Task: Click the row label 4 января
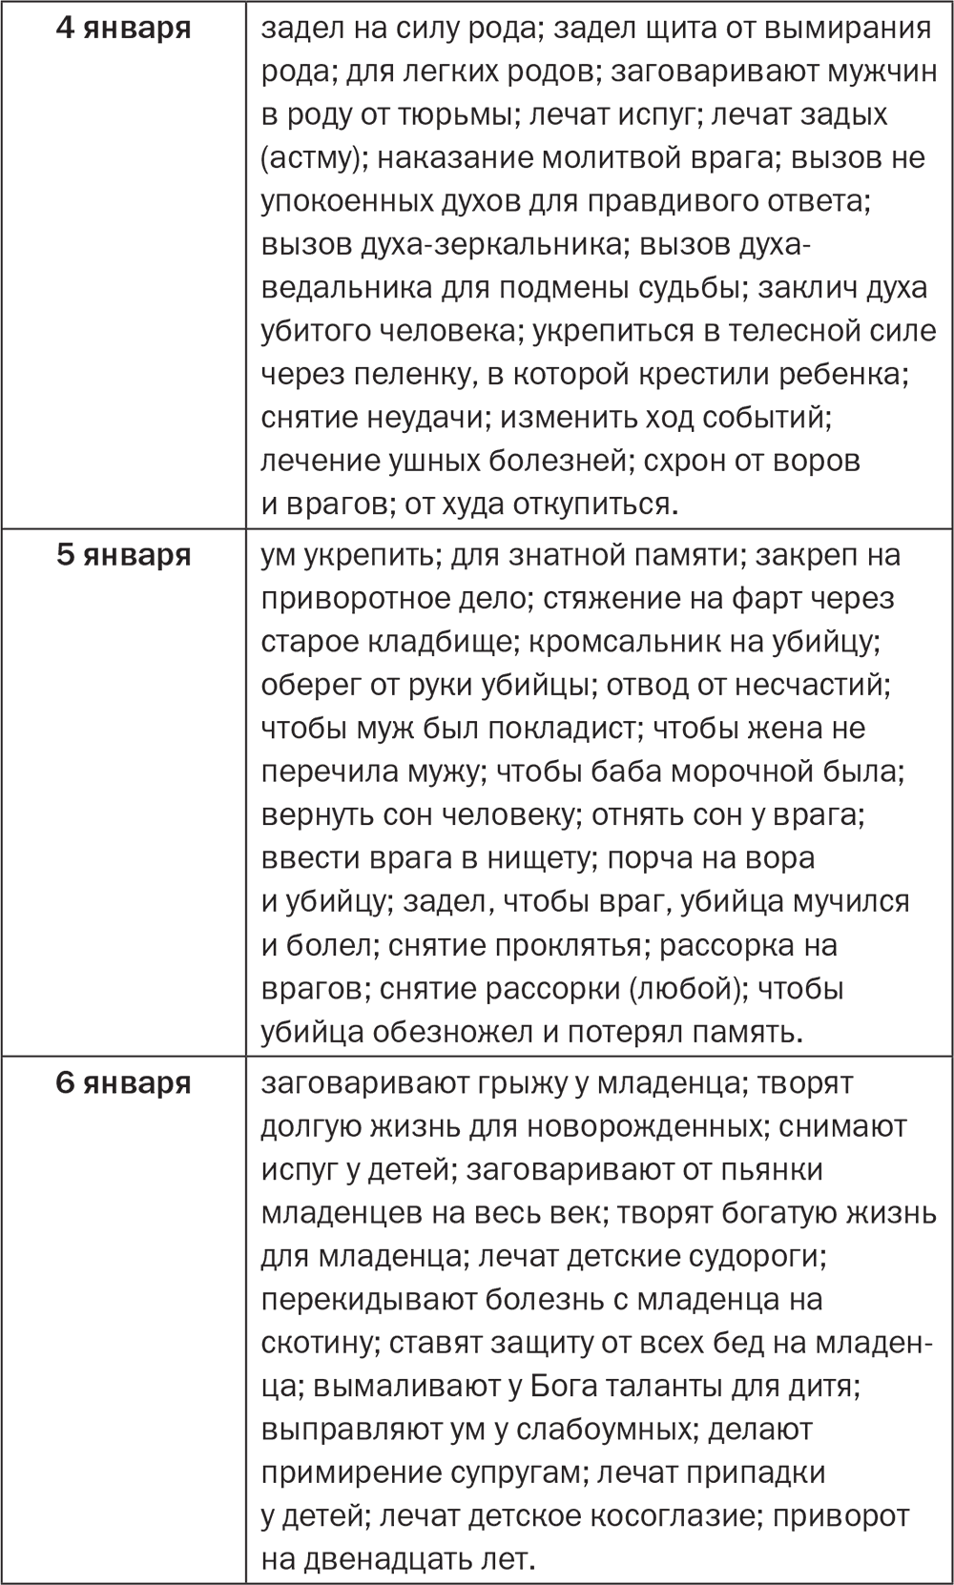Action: click(123, 28)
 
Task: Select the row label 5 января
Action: click(123, 555)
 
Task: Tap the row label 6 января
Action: click(123, 1083)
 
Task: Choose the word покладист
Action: click(557, 729)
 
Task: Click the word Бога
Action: click(557, 1386)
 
